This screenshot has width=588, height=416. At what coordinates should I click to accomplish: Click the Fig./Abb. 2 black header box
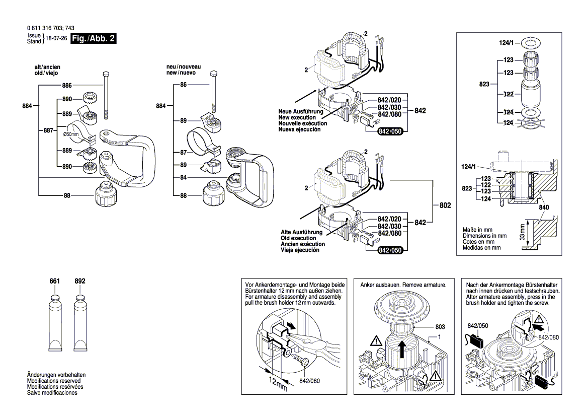tap(94, 39)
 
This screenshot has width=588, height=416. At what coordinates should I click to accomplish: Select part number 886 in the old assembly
tap(67, 86)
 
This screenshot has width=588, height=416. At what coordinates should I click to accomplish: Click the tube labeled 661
tap(55, 322)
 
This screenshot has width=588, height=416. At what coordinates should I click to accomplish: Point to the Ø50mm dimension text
tap(71, 135)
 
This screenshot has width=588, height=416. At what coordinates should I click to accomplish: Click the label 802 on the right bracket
tap(445, 206)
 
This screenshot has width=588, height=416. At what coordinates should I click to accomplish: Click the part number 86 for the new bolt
tap(183, 86)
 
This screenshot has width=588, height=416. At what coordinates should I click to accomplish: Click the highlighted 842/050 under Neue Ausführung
tap(390, 132)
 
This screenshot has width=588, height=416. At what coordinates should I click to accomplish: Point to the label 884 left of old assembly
tap(28, 106)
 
